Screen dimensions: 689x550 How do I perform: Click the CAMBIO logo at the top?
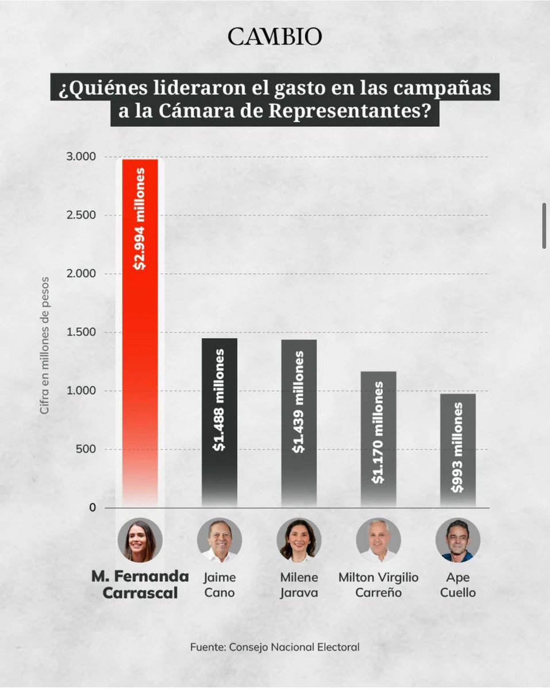275,37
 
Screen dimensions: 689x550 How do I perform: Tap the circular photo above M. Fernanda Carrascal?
140,541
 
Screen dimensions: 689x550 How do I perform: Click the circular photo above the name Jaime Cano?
219,541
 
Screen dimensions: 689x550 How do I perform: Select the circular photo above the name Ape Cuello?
457,541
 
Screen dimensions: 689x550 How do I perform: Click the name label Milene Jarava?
298,585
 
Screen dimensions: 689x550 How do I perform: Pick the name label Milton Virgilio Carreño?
378,585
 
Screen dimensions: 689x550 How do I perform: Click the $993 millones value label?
457,448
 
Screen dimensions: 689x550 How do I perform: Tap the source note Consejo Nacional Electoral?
275,647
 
